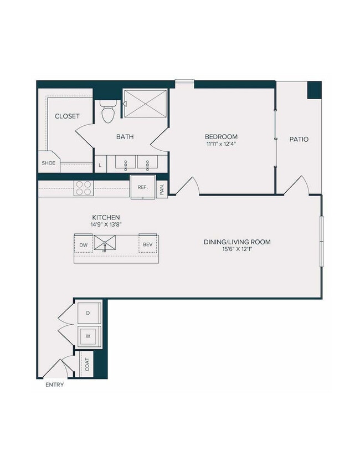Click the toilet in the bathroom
[108, 111]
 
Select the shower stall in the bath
[145, 104]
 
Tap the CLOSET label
[67, 116]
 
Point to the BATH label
[125, 137]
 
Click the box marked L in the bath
[100, 165]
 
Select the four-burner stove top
[83, 188]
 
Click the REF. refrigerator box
[142, 187]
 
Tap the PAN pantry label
[162, 190]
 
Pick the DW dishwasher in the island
[83, 244]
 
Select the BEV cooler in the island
[148, 244]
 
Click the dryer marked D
[88, 313]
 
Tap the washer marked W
[88, 336]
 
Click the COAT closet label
[87, 363]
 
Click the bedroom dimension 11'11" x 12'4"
[221, 144]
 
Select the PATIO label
[299, 139]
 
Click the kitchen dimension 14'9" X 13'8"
[106, 225]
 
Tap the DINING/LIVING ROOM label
[236, 242]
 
